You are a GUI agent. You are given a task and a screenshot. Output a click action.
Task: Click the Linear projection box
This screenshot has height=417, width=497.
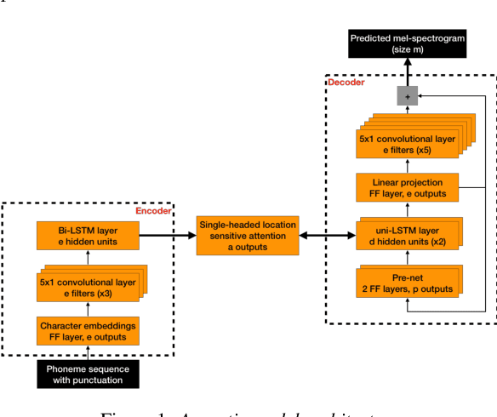pyautogui.click(x=407, y=188)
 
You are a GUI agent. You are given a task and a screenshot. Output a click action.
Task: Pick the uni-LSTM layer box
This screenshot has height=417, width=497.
pyautogui.click(x=407, y=235)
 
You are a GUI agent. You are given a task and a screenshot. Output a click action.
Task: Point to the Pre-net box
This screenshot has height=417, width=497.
pyautogui.click(x=407, y=283)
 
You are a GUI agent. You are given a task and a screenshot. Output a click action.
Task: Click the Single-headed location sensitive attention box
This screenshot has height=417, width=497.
pyautogui.click(x=247, y=236)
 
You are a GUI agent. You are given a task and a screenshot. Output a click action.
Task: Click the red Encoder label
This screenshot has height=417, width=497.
pyautogui.click(x=153, y=210)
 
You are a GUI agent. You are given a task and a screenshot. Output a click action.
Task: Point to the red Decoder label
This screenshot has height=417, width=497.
pyautogui.click(x=346, y=82)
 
